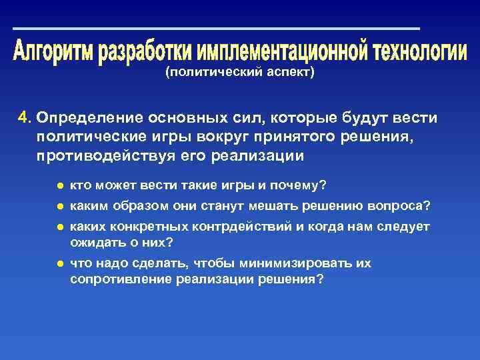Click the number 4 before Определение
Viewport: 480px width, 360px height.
pos(24,118)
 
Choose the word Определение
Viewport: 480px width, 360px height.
pos(86,118)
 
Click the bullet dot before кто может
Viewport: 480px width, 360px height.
pos(60,185)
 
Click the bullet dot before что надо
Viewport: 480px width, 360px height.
pos(60,264)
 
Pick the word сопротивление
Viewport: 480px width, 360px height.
pos(121,279)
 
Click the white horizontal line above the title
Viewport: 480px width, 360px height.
pos(217,29)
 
